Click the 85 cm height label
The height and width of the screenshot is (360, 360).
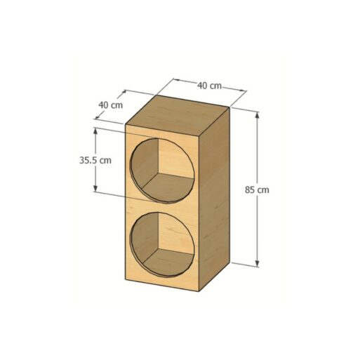(x=257, y=189)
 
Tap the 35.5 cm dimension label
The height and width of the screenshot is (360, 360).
(x=95, y=160)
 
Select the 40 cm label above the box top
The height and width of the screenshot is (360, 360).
(x=209, y=86)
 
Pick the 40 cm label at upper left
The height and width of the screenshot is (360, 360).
(x=110, y=105)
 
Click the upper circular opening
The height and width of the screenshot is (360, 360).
(x=163, y=171)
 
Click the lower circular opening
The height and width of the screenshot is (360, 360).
(x=163, y=245)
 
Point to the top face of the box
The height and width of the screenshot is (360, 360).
(x=177, y=115)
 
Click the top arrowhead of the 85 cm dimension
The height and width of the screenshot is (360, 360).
(x=257, y=115)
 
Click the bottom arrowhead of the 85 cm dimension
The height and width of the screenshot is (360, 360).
(x=257, y=263)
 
